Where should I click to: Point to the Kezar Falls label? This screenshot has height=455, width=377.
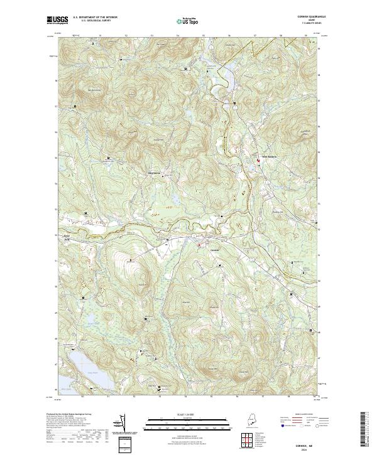63,237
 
